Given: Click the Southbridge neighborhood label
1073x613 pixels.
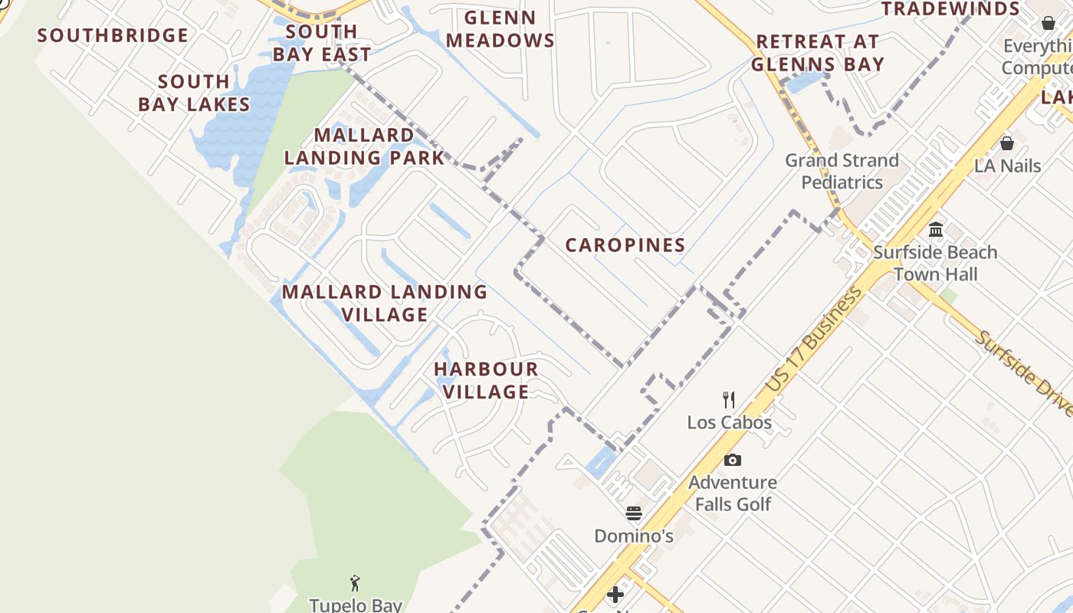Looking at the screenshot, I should coord(113,35).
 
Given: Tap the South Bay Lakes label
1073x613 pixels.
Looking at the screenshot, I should coord(194,93).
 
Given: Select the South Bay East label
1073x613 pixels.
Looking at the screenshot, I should coord(322,43).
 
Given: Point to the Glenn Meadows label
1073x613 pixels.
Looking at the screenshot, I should coord(500,29).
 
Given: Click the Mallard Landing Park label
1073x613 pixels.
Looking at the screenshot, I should coord(364,146).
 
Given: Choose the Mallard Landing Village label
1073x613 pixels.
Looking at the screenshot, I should coord(385,303).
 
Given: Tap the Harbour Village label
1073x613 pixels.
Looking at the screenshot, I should coord(486,380).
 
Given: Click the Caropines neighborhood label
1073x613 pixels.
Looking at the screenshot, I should coord(625,245).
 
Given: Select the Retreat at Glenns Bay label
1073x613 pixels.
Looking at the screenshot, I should coord(818,53).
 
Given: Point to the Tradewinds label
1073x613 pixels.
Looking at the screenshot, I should coord(950,9).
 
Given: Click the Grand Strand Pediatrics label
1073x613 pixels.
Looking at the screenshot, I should coord(842,171).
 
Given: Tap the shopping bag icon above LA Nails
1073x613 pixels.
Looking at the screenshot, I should coord(1007,143).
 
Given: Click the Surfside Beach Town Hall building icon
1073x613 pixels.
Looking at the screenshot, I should coord(935,229).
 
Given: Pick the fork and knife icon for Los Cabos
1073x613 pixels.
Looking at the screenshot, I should coord(729,399).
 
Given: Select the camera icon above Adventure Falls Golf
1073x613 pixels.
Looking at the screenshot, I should coord(733,460).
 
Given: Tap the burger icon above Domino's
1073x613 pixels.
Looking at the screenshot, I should coord(634,513).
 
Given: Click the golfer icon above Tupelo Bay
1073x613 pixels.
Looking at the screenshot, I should coord(355,583).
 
